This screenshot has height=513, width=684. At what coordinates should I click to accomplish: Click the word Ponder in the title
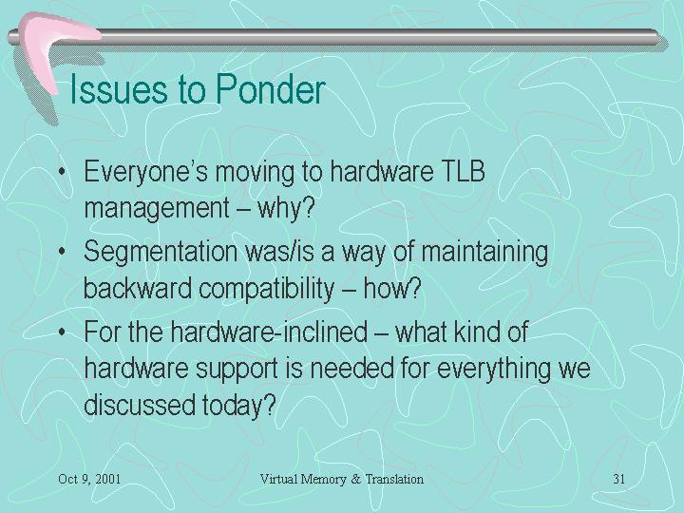(271, 89)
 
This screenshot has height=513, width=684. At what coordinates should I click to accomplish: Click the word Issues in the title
(119, 89)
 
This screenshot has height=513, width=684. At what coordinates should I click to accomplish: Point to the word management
(157, 208)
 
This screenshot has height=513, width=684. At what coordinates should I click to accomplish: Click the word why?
(286, 208)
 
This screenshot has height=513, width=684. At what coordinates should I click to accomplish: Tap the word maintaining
(484, 253)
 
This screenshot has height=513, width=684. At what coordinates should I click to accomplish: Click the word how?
(392, 288)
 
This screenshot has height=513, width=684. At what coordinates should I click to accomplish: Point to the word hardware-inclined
(269, 332)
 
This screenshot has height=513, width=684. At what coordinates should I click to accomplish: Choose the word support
(236, 369)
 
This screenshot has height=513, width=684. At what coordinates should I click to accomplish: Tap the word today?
(239, 406)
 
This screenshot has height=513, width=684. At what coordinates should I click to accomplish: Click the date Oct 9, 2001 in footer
(89, 479)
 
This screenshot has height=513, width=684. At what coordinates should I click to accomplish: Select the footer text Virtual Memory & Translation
(342, 479)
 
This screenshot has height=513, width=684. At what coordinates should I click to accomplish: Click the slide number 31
(619, 479)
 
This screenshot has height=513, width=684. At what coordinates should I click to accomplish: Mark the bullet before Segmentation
(63, 252)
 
